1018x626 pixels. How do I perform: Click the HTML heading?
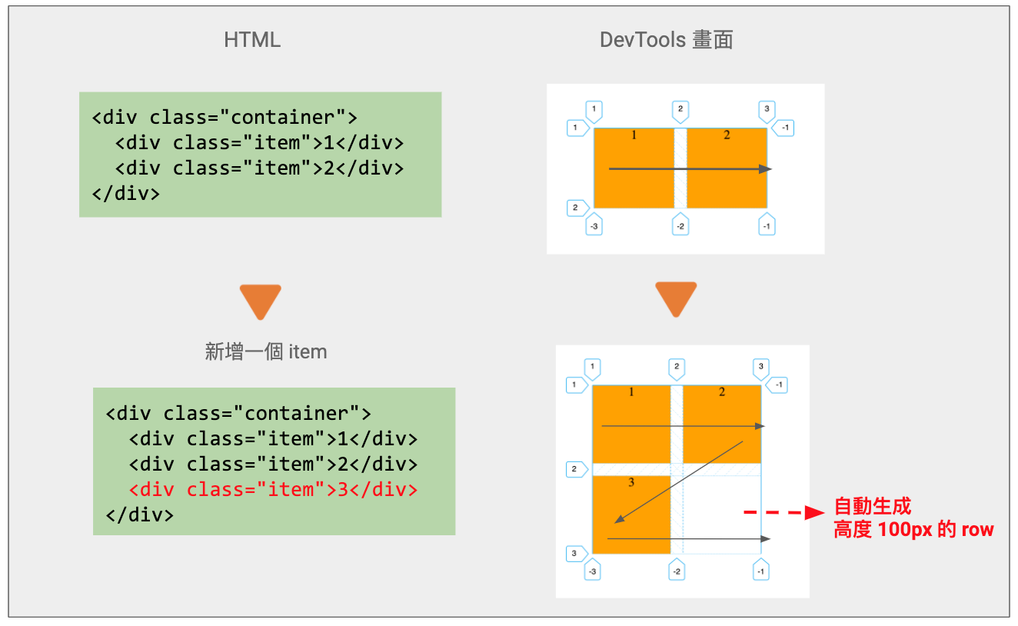[252, 40]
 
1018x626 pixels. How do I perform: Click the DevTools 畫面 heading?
[666, 40]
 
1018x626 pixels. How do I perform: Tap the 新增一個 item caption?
[266, 352]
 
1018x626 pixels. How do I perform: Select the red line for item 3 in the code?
[273, 489]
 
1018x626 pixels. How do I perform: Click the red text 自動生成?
[872, 507]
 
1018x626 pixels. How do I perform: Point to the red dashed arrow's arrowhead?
[813, 513]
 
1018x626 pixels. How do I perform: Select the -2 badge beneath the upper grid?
[680, 225]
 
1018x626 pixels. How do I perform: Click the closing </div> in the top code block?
[125, 192]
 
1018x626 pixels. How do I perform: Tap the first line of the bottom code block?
[238, 414]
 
